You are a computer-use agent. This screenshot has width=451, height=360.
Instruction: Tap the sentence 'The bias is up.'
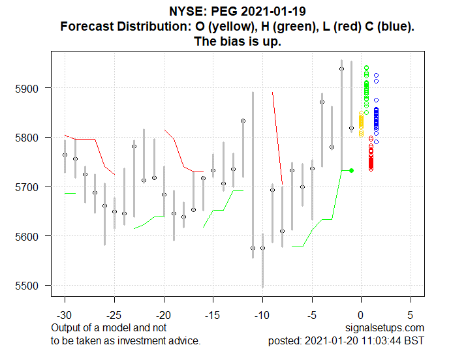pos(238,42)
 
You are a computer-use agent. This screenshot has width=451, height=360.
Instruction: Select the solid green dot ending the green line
pos(352,170)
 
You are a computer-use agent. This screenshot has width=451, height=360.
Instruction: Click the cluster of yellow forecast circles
pos(361,123)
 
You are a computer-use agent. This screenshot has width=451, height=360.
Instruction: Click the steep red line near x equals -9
pos(277,138)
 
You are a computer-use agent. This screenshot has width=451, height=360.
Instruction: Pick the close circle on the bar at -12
pos(243,121)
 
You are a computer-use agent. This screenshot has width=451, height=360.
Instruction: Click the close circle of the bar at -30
pos(65,155)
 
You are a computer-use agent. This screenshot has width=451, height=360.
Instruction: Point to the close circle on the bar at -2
pos(341,68)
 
